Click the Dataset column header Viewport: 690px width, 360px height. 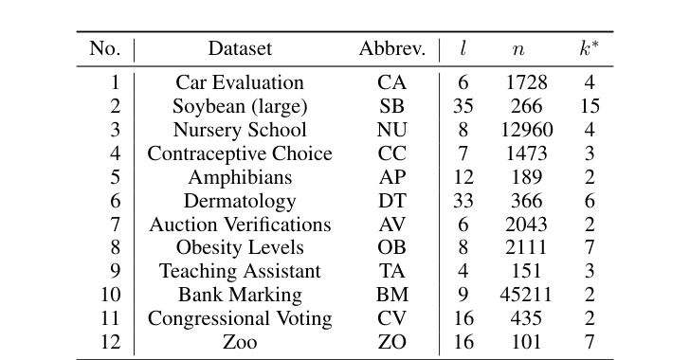point(240,49)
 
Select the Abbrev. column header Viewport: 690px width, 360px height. point(391,49)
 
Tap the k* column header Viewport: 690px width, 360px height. point(590,49)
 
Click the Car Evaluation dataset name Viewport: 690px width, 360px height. point(240,83)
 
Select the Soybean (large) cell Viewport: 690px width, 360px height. point(240,106)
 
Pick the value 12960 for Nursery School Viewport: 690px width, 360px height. point(526,130)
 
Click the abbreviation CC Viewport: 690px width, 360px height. point(391,153)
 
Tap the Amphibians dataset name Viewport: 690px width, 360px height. point(240,177)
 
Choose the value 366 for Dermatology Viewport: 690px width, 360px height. point(526,201)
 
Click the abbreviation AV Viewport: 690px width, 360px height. point(391,225)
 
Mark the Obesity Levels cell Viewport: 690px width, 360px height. point(240,248)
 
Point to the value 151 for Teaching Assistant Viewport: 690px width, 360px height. point(526,271)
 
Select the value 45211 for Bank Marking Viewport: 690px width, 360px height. point(526,295)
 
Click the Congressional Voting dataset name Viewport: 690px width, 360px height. point(240,318)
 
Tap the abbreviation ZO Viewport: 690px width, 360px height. point(391,342)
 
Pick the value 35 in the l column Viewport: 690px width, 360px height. point(463,106)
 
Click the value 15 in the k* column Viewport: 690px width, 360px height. point(590,106)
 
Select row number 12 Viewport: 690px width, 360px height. point(111,342)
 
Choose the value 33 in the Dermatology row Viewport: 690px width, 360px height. point(463,201)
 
